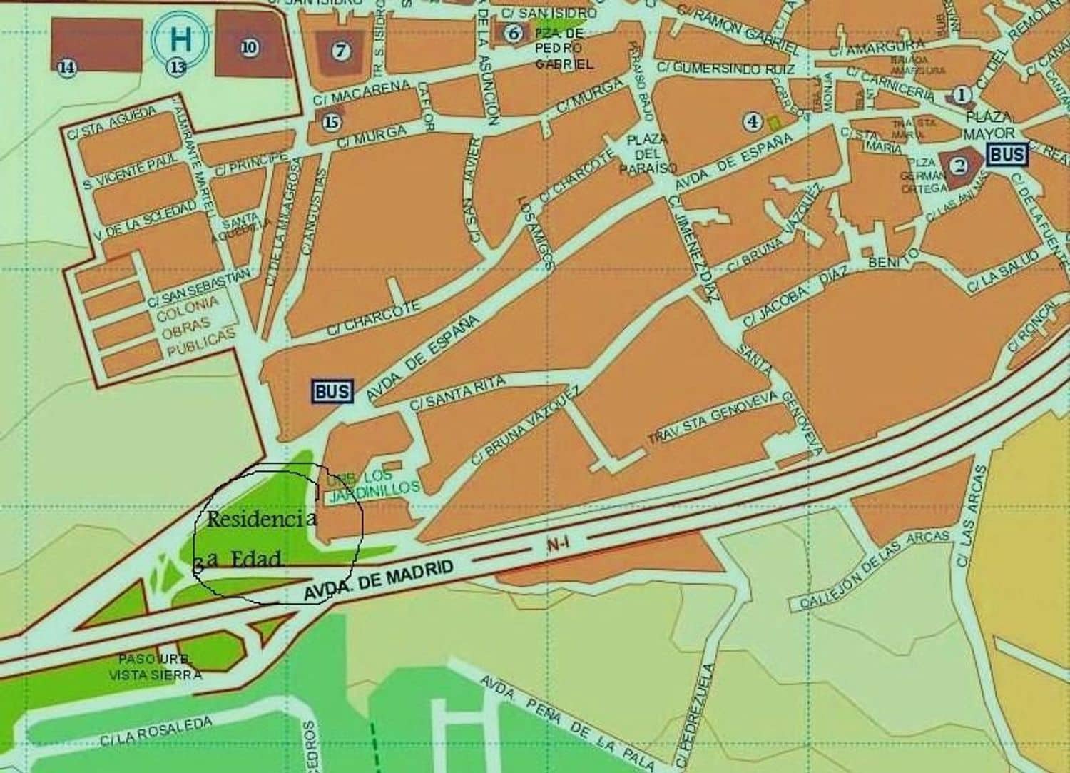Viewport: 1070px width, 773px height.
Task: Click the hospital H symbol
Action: coord(180,38)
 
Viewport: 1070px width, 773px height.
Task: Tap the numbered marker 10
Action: coord(249,47)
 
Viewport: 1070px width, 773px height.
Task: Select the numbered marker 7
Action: coord(340,50)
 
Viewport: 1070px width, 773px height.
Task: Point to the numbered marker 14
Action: coord(67,67)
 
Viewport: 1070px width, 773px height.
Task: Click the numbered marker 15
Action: coord(330,122)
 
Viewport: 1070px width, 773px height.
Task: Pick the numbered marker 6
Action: coord(512,32)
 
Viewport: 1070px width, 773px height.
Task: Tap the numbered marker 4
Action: coord(752,121)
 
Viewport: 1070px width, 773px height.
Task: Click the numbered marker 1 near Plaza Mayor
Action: coord(963,94)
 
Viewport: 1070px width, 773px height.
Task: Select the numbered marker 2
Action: coord(959,166)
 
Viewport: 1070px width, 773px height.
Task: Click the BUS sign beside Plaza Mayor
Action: coord(1007,154)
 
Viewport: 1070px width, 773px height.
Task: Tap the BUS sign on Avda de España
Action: coord(332,390)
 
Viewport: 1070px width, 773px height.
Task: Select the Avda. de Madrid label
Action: coord(379,581)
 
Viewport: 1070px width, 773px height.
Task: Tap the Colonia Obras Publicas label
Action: coord(193,327)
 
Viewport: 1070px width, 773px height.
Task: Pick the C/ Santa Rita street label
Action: coord(459,392)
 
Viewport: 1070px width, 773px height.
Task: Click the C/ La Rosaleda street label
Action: coord(156,732)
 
